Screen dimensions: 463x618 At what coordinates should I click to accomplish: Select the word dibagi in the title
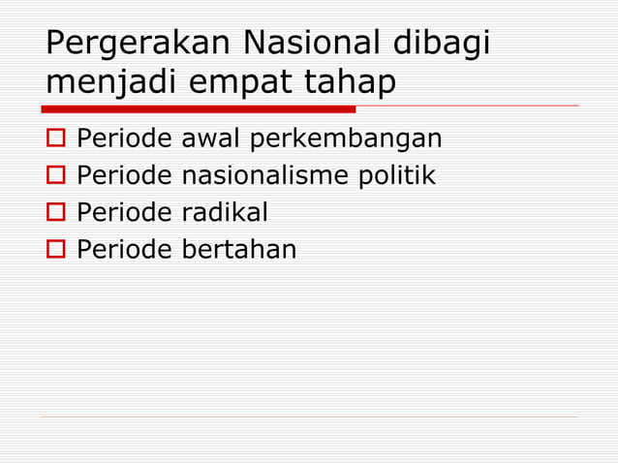pyautogui.click(x=445, y=46)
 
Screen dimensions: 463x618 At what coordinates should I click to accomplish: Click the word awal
pyautogui.click(x=212, y=139)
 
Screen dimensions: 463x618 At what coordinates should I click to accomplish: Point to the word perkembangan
pyautogui.click(x=346, y=139)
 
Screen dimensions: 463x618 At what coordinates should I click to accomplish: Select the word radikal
pyautogui.click(x=226, y=213)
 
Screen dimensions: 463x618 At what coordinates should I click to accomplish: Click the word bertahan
pyautogui.click(x=239, y=250)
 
